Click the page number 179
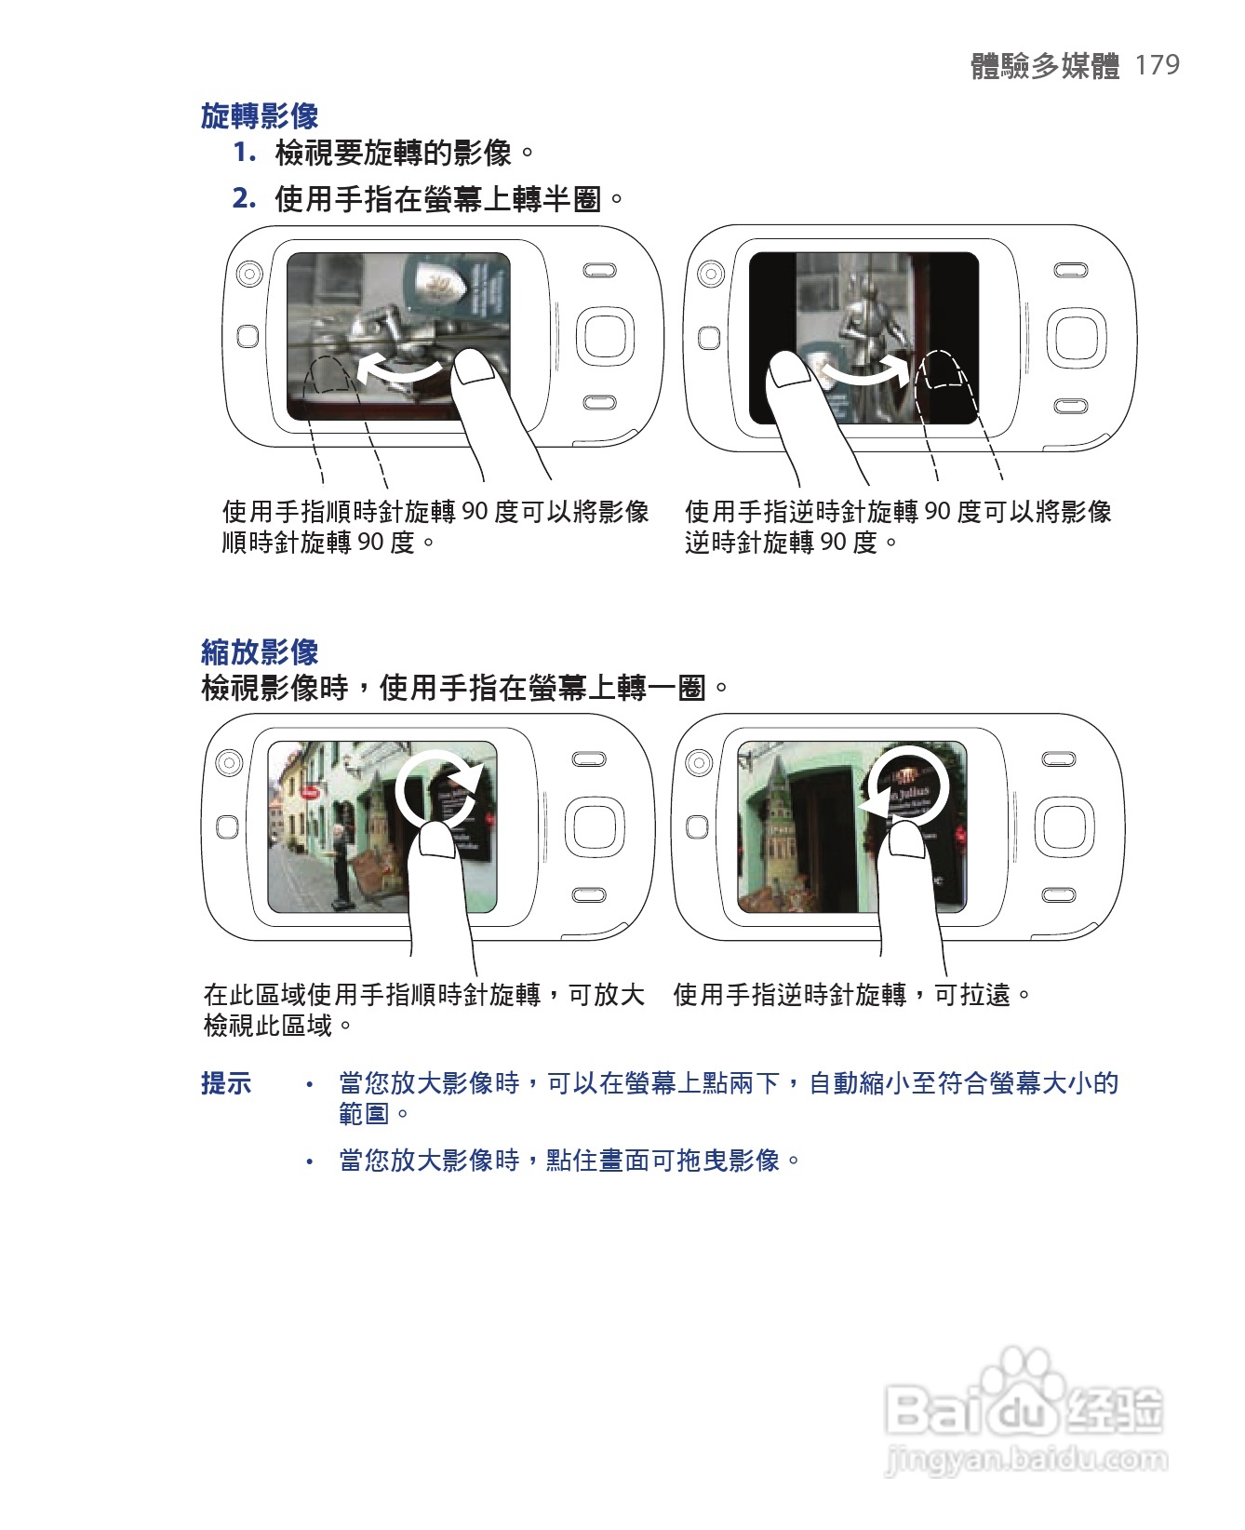click(1158, 64)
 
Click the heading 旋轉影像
click(260, 116)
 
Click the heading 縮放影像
click(260, 651)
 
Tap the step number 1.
click(244, 152)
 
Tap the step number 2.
click(244, 197)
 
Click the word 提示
click(226, 1083)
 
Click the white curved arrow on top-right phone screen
click(865, 372)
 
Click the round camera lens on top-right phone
click(709, 275)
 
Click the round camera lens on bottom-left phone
click(228, 763)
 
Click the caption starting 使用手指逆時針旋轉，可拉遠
click(851, 995)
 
